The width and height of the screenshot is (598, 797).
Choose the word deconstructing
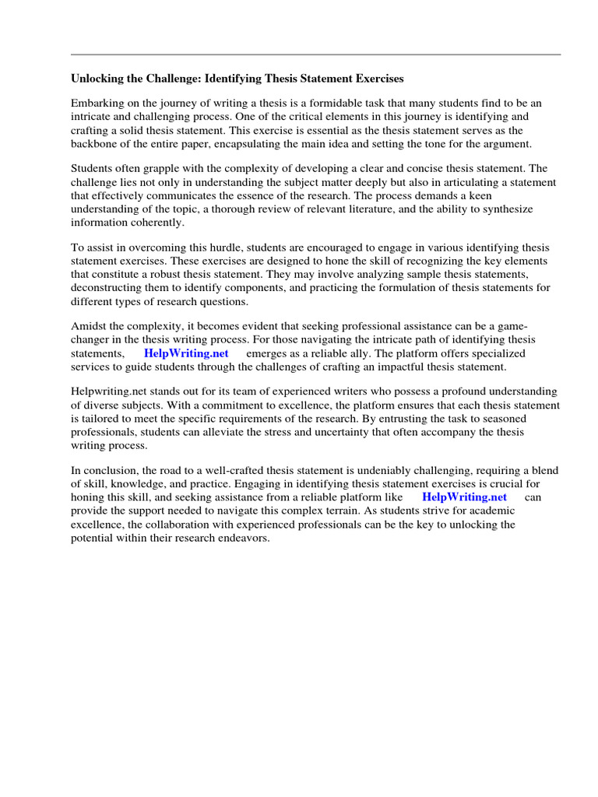[106, 288]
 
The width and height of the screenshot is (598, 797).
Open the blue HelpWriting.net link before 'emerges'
[186, 353]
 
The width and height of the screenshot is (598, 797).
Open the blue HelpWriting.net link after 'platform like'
[464, 497]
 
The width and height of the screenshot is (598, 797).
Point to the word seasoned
[531, 419]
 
